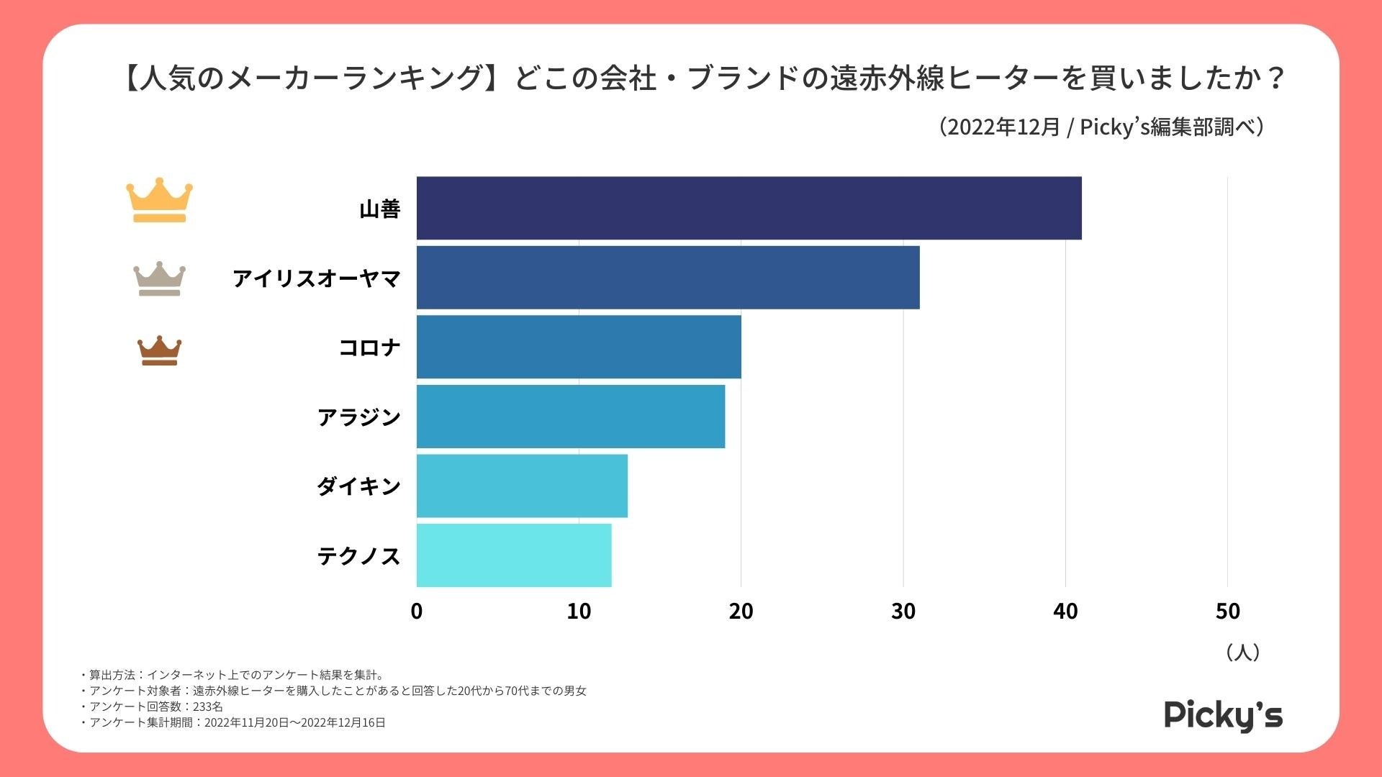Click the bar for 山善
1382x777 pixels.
(749, 208)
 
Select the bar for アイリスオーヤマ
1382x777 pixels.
(668, 278)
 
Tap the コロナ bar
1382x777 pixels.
(579, 347)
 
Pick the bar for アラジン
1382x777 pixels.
(571, 417)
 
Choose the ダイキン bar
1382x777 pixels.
(522, 486)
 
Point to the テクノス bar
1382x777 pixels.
(514, 555)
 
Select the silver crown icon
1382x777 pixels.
(159, 278)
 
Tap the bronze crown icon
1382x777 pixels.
(159, 351)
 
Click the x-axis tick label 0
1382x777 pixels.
(417, 612)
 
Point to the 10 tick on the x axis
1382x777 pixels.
(579, 612)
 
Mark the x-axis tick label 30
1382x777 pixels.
(903, 612)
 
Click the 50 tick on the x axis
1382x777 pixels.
(1228, 612)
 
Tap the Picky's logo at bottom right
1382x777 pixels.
(1223, 716)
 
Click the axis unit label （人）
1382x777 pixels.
(1242, 653)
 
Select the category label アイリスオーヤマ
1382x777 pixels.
(316, 278)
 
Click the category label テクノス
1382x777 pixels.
(358, 556)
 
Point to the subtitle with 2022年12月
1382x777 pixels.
(1101, 127)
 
